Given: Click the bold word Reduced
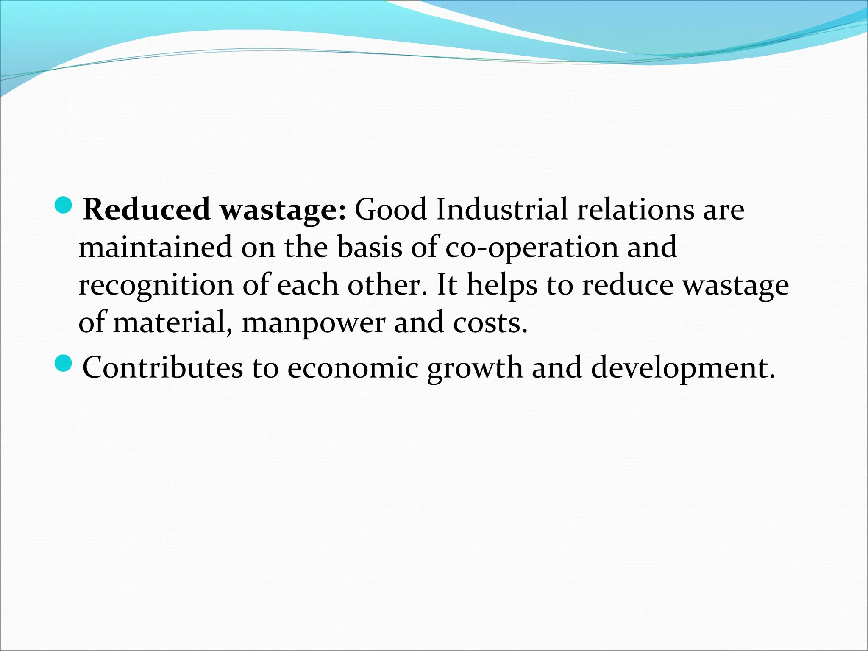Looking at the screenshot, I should pos(146,209).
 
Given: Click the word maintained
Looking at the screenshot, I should pos(155,247).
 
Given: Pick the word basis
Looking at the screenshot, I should pos(369,247).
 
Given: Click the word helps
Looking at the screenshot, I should pos(502,286).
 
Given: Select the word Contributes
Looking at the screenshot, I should pos(162,367).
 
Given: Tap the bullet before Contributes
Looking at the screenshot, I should pos(64,363).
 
